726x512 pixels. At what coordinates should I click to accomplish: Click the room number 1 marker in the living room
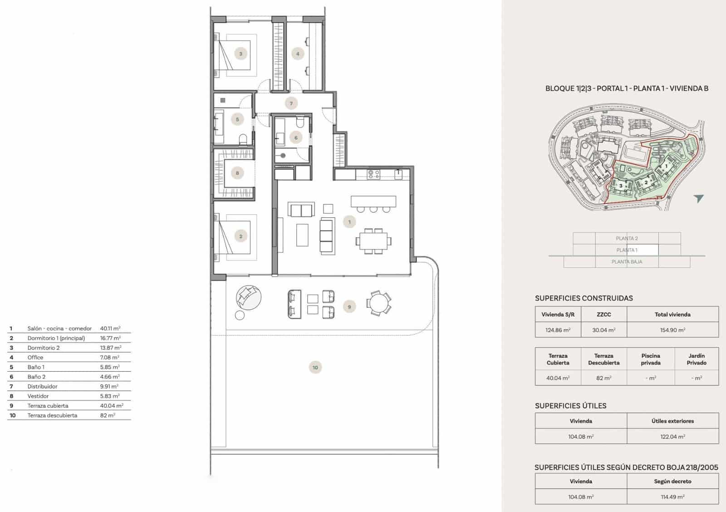[x=349, y=222]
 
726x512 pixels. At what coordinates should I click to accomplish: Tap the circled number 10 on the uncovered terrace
[x=315, y=367]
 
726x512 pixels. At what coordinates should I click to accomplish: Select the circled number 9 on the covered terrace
[x=349, y=307]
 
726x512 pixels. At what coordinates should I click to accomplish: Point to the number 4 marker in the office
[x=298, y=54]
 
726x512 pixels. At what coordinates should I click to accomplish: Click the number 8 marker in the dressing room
[x=237, y=172]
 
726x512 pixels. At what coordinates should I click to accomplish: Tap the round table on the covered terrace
[x=379, y=303]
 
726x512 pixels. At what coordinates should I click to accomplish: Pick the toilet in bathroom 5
[x=243, y=138]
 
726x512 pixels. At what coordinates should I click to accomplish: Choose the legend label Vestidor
[x=38, y=396]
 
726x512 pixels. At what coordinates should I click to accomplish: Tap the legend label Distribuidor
[x=42, y=386]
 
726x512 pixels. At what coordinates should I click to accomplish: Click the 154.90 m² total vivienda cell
[x=672, y=330]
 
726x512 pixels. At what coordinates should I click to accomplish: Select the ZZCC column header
[x=603, y=314]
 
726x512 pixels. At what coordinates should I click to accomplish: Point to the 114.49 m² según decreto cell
[x=672, y=497]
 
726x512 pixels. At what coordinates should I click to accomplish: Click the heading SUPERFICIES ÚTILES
[x=570, y=406]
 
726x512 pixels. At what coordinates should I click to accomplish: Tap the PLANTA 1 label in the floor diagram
[x=627, y=250]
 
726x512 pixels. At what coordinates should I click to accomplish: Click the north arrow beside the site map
[x=699, y=198]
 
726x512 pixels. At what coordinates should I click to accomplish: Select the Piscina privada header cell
[x=651, y=359]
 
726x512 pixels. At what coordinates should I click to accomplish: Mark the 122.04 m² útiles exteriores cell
[x=672, y=436]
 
